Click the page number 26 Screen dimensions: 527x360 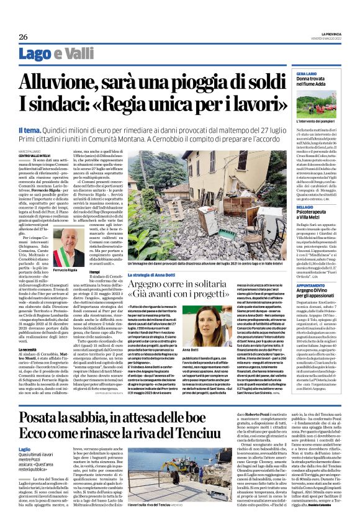(x=23, y=37)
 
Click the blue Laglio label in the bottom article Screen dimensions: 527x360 (x=25, y=448)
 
